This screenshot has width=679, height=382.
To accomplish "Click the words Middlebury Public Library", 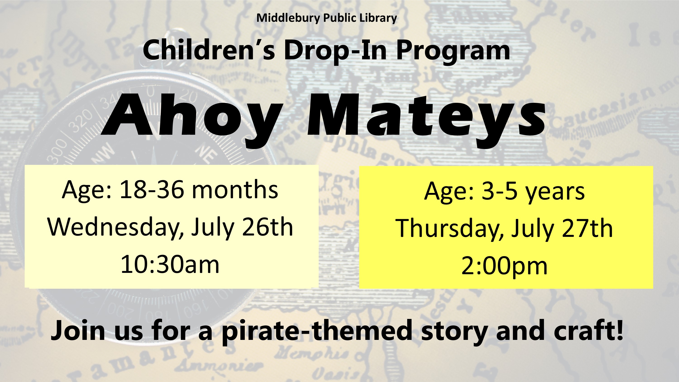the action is point(327,18).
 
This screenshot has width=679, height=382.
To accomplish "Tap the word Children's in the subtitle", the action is point(209,50).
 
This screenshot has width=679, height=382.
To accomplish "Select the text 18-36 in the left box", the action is point(152,190).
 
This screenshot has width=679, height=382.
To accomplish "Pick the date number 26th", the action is point(268,227).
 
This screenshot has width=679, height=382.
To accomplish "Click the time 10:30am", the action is point(170,264).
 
